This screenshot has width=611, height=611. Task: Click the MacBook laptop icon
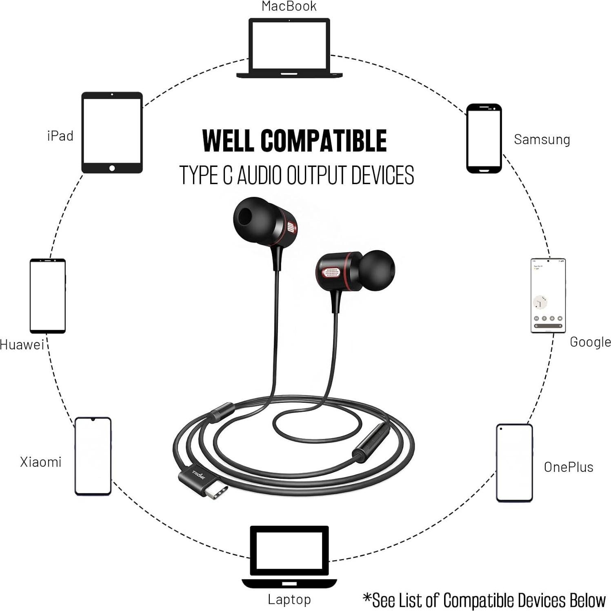pyautogui.click(x=289, y=48)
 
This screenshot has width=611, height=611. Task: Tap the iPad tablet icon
pyautogui.click(x=112, y=133)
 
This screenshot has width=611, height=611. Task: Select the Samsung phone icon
pyautogui.click(x=484, y=138)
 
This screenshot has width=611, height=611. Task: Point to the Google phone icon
pyautogui.click(x=548, y=296)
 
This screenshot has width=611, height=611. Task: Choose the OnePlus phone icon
pyautogui.click(x=514, y=463)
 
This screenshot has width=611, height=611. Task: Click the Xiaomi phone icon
pyautogui.click(x=93, y=456)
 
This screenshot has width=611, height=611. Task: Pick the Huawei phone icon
pyautogui.click(x=48, y=296)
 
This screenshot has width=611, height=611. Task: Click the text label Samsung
pyautogui.click(x=542, y=140)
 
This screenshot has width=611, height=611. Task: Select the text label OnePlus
pyautogui.click(x=568, y=467)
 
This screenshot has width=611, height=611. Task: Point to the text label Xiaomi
pyautogui.click(x=41, y=462)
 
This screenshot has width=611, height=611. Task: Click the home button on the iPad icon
pyautogui.click(x=112, y=168)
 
